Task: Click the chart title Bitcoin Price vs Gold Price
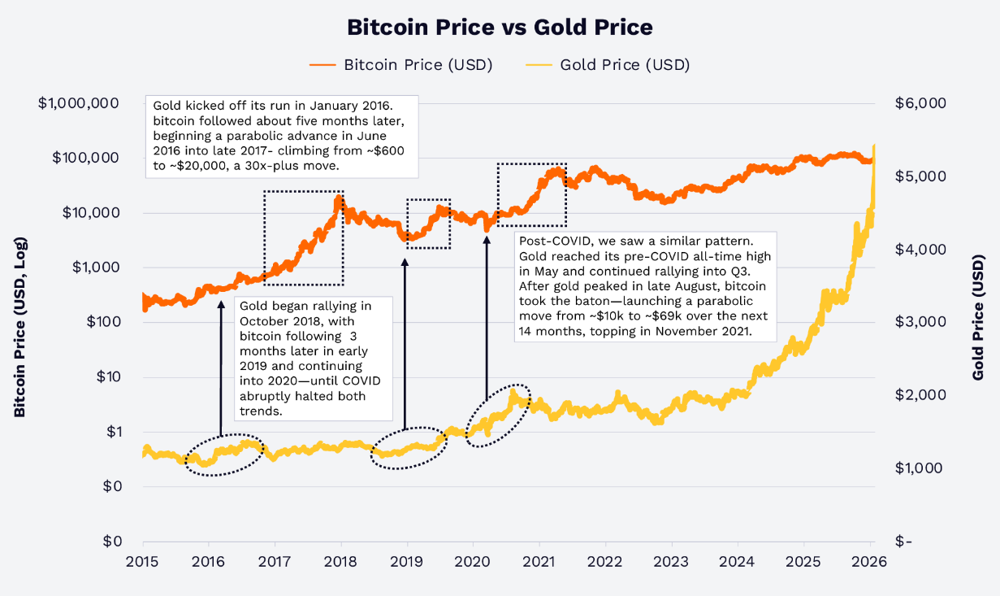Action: (500, 27)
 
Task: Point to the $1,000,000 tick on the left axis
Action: (79, 103)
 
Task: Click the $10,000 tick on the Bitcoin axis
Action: (91, 213)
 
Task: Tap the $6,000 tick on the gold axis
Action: (920, 103)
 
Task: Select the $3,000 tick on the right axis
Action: (920, 322)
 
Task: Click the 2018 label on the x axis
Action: (340, 561)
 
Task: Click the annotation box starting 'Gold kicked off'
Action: (281, 137)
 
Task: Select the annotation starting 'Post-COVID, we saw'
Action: (646, 287)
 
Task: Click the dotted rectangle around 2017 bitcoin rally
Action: (303, 238)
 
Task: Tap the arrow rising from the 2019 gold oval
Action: (405, 342)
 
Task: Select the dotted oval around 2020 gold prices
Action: (499, 417)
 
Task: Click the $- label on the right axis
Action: (903, 542)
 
